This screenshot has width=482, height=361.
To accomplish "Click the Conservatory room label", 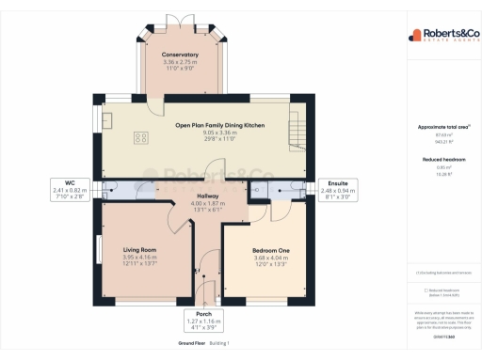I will tap(180, 55).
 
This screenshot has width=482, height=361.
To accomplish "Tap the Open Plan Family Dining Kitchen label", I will tap(219, 125).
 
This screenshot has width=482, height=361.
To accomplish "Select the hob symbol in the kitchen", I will tap(142, 137).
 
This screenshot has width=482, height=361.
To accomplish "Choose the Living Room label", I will tap(139, 249).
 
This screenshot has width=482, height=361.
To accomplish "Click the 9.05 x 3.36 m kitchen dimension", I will tap(219, 133).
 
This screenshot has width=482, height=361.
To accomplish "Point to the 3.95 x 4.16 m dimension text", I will tap(139, 257).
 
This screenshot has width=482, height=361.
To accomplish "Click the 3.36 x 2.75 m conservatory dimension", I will tap(180, 62).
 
